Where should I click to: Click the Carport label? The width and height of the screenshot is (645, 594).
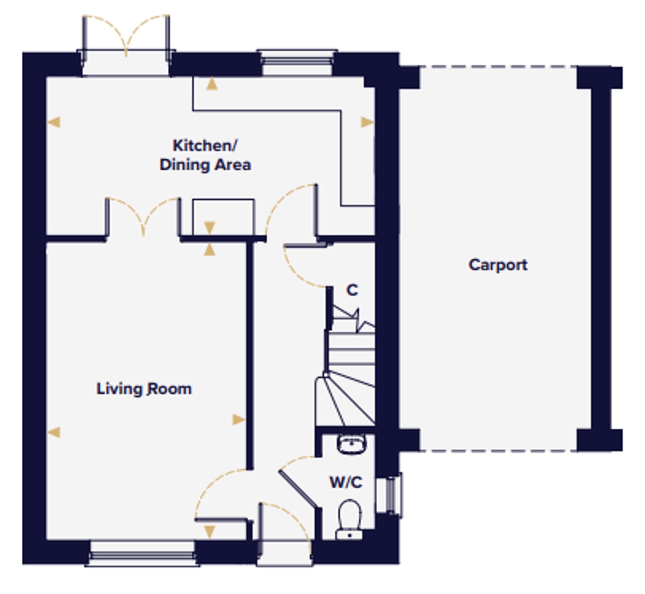coord(498,265)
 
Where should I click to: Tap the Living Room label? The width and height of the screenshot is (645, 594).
coord(144,389)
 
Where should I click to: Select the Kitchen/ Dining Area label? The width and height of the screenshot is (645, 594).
coord(205,155)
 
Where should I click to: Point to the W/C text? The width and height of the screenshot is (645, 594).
coord(346,482)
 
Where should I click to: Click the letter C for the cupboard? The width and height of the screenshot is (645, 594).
coord(352,290)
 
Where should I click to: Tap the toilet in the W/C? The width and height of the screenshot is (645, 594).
coord(350,519)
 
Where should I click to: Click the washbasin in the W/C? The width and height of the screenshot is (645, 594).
coord(352,444)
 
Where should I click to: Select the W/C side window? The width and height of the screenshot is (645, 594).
coord(389,495)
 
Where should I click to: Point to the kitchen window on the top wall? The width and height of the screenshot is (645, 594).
coord(297,63)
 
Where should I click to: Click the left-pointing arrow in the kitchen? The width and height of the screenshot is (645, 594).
coord(54,122)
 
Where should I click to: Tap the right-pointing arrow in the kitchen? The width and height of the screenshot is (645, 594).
coord(367,122)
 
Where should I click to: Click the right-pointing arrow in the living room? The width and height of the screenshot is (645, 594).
coord(239,420)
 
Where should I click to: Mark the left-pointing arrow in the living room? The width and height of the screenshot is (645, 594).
coord(54,432)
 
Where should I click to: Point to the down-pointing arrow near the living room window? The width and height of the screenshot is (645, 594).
coord(209,532)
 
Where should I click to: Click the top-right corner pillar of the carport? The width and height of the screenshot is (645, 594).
coord(600,77)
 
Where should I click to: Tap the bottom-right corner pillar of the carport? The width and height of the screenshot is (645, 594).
coord(600,440)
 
